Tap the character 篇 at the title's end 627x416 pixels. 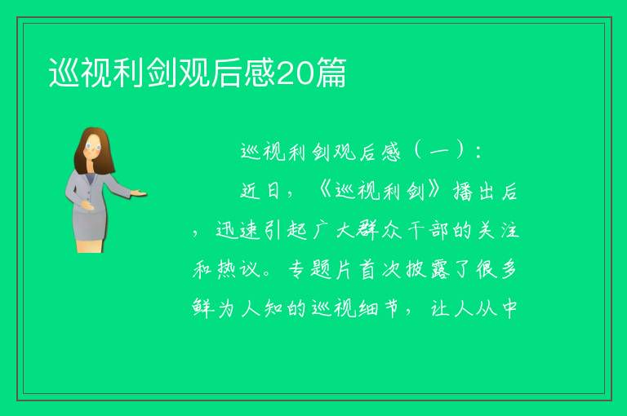[x=331, y=73]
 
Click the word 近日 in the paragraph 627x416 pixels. [x=260, y=191]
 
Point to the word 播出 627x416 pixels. [x=474, y=192]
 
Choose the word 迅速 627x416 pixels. [x=236, y=231]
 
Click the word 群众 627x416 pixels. [x=379, y=231]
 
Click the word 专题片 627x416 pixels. [x=319, y=269]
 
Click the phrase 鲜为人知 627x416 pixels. [x=238, y=308]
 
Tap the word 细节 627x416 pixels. [x=379, y=308]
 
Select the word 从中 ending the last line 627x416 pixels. [x=497, y=308]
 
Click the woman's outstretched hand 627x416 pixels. [x=138, y=193]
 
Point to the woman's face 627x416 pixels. [x=94, y=147]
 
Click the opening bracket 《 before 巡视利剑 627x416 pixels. [x=324, y=191]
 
